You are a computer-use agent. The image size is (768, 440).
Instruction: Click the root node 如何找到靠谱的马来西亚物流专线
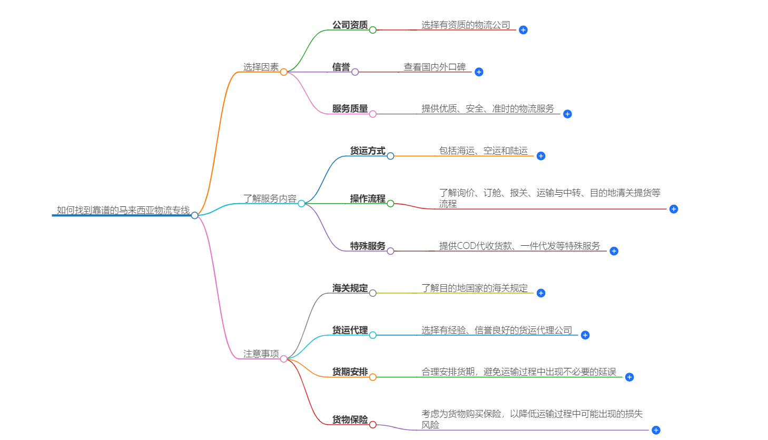tap(123, 210)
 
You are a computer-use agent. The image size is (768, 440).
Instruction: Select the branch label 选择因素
tap(261, 67)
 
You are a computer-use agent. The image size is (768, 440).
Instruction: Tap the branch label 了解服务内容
tap(270, 198)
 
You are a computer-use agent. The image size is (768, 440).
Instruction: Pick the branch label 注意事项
tap(261, 354)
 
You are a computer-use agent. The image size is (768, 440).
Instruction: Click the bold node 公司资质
tap(350, 25)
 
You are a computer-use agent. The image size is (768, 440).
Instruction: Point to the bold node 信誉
tap(341, 67)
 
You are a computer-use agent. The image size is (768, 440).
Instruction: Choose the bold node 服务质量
tap(350, 108)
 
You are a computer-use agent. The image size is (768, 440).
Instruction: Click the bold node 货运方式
tap(368, 151)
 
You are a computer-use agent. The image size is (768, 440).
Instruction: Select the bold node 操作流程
tap(368, 198)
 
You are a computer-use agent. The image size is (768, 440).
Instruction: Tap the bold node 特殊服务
tap(368, 246)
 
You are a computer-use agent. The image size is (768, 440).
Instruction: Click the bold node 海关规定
tap(350, 288)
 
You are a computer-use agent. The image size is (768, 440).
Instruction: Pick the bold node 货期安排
tap(350, 372)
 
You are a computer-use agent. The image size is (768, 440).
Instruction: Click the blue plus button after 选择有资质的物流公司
tap(523, 30)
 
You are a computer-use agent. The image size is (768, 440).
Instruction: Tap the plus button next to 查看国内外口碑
tap(479, 72)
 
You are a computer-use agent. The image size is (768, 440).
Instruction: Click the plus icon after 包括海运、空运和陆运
tap(541, 156)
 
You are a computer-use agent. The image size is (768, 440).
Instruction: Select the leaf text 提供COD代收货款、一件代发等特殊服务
tap(519, 246)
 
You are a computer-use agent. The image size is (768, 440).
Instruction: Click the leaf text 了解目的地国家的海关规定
tap(474, 288)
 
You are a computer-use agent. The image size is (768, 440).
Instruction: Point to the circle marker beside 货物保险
tap(373, 425)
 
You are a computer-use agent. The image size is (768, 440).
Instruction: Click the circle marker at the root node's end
tap(195, 215)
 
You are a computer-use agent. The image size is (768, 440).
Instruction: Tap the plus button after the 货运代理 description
tap(585, 335)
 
